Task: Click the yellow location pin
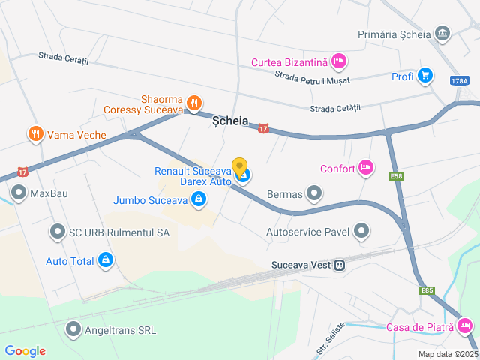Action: tap(240, 166)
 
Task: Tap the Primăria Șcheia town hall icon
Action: tap(442, 34)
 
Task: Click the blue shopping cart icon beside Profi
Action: tap(425, 75)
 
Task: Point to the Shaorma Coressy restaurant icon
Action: tap(194, 103)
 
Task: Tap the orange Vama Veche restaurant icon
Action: tap(34, 134)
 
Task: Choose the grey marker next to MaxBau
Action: tap(19, 193)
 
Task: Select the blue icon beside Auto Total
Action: tap(106, 261)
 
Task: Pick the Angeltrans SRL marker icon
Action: tap(73, 328)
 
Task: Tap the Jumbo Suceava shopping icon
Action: tap(199, 199)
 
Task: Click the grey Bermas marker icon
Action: tap(314, 195)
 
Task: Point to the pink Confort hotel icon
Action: tap(366, 167)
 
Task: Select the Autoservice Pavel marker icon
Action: tap(361, 232)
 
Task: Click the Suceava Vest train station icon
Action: tap(340, 264)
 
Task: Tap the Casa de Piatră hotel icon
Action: tap(464, 325)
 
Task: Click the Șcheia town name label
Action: tap(230, 121)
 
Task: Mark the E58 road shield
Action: tap(396, 176)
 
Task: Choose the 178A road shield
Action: tap(460, 81)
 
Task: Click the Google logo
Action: tap(25, 350)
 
